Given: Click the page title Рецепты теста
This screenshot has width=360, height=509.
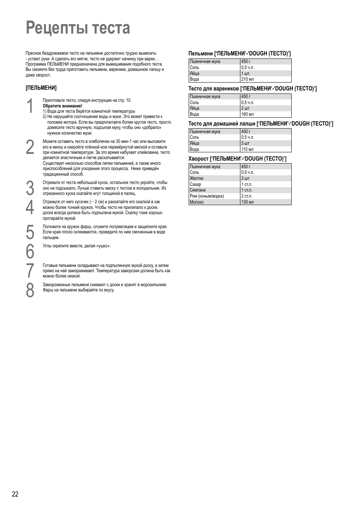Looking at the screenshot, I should [78, 28].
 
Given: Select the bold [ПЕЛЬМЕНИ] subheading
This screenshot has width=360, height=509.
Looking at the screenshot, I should [41, 88].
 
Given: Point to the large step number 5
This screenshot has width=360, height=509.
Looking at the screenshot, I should [30, 232].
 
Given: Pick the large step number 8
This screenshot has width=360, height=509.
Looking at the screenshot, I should [30, 290].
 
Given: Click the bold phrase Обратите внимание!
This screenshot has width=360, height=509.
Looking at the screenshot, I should [62, 106].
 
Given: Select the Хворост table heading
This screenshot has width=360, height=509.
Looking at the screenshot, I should [237, 159].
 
